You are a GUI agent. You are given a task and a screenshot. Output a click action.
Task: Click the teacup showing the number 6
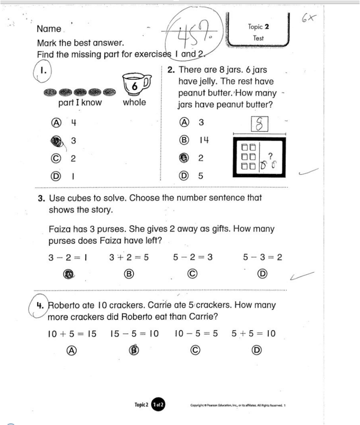136,84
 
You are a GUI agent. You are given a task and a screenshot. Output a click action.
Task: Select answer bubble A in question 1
56,122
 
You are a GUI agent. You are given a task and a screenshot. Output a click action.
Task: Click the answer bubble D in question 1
56,176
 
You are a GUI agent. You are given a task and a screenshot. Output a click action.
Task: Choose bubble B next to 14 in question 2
184,140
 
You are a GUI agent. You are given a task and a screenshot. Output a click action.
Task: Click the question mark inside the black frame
270,155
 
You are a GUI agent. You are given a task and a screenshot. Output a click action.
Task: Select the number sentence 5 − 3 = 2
262,257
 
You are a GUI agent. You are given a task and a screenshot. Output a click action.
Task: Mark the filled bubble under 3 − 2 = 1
68,273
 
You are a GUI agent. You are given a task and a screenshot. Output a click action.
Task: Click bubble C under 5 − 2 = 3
193,273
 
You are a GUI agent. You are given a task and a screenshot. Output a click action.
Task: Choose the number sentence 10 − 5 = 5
196,334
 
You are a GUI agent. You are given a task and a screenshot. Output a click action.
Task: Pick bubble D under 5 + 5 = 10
257,350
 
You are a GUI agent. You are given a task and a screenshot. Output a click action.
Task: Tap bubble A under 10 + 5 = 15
71,350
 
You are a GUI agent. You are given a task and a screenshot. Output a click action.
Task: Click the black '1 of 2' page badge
158,405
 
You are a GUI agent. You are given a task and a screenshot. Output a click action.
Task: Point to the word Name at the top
49,29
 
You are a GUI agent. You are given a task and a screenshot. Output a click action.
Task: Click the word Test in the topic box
258,38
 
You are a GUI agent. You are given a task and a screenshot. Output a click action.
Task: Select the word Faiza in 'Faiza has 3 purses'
60,229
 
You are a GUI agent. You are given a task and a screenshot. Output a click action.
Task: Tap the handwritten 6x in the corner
309,19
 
